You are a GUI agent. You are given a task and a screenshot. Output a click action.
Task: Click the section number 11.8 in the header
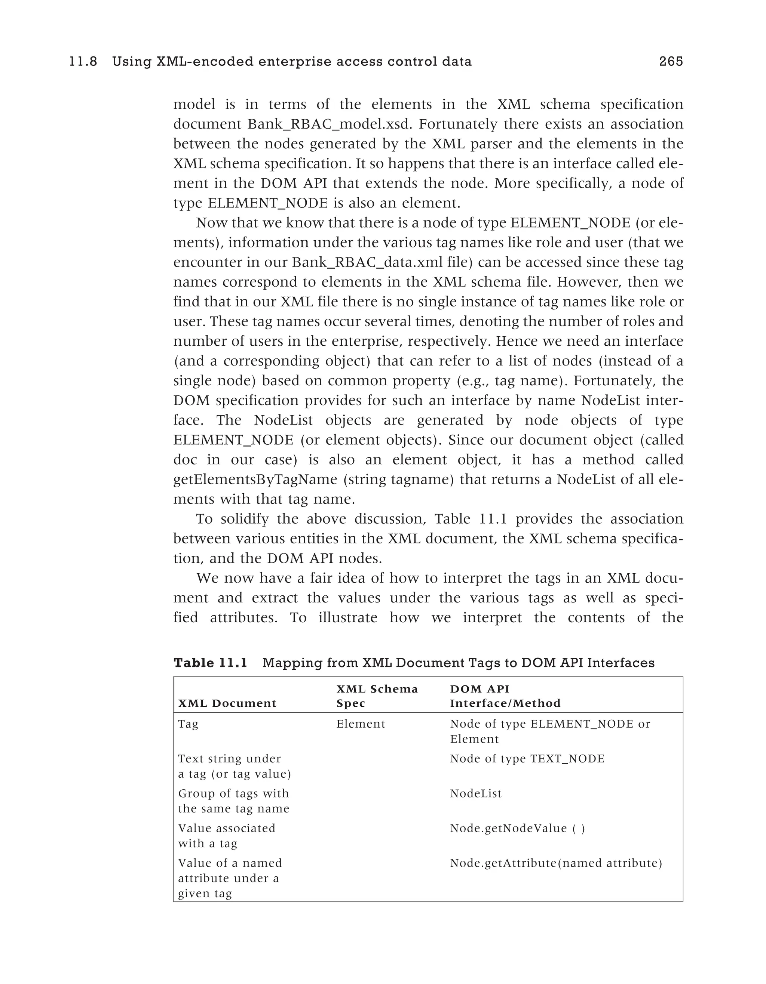pyautogui.click(x=83, y=61)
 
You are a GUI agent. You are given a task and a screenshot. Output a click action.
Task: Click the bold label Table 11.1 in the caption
pyautogui.click(x=211, y=663)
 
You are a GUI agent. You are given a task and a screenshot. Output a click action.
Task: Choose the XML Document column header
pyautogui.click(x=227, y=703)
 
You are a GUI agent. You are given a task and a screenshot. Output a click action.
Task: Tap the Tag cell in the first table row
pyautogui.click(x=188, y=724)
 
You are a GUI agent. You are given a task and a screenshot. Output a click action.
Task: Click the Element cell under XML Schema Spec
pyautogui.click(x=361, y=724)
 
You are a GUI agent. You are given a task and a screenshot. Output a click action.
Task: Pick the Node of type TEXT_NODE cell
pyautogui.click(x=527, y=759)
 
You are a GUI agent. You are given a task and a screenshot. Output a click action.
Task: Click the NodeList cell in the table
pyautogui.click(x=476, y=793)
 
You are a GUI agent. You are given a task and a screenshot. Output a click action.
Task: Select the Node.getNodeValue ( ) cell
pyautogui.click(x=517, y=828)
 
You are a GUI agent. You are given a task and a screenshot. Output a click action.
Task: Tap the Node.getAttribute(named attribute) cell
pyautogui.click(x=556, y=863)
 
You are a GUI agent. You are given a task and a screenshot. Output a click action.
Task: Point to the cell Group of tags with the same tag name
pyautogui.click(x=233, y=801)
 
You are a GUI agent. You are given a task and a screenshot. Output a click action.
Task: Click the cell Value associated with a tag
pyautogui.click(x=226, y=835)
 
